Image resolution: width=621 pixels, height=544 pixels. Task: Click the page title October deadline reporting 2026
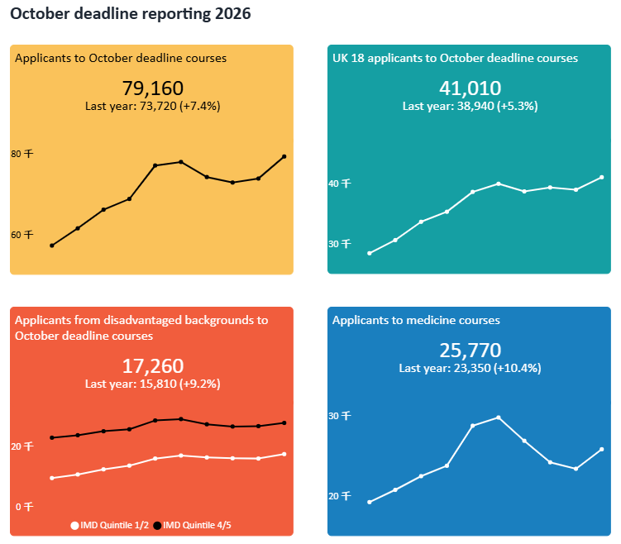coord(131,14)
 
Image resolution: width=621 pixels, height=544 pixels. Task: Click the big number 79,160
coord(152,88)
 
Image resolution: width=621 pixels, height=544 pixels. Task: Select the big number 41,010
coord(470,88)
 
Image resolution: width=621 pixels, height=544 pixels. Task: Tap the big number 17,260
coord(152,366)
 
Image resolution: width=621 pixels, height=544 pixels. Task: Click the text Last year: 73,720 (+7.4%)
coord(152,106)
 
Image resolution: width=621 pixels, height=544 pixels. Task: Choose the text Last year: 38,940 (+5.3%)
coord(470,106)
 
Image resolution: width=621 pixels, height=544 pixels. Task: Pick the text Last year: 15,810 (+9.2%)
coord(152,384)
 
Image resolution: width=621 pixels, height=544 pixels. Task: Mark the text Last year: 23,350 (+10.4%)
coord(470,368)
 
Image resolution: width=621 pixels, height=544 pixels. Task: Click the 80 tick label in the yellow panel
coord(21,154)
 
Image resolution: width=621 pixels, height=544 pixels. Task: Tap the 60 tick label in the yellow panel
coord(21,235)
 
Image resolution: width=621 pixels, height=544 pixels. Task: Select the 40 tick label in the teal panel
coord(340,184)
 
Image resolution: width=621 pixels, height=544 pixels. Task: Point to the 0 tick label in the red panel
coord(23,507)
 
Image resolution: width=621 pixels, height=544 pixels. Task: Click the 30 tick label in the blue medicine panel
coord(340,416)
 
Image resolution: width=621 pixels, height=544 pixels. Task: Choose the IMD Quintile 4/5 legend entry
coord(196,525)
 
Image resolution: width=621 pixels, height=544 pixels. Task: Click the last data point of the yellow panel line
coord(284,156)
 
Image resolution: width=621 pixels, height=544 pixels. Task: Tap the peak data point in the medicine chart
coord(499,418)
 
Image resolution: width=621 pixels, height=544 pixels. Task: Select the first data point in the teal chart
coord(369,253)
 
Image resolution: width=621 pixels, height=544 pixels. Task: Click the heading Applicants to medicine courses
coord(416,320)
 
